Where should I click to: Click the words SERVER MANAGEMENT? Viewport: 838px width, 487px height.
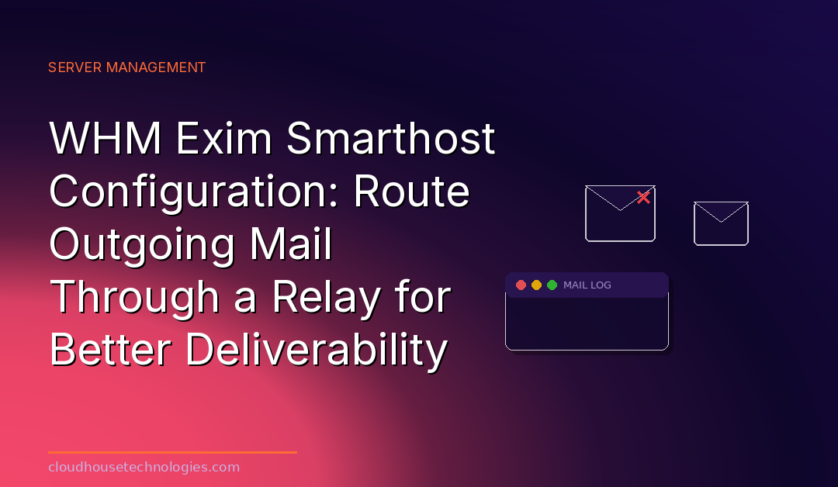(126, 67)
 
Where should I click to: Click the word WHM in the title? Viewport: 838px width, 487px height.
(106, 138)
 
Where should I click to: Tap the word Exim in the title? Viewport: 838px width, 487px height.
(224, 138)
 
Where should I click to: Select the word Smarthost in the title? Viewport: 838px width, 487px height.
(390, 138)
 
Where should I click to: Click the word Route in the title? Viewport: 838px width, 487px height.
(411, 192)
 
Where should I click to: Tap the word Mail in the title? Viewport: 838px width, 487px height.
(291, 244)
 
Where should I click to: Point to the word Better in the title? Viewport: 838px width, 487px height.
(111, 350)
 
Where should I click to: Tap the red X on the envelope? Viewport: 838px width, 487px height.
(643, 197)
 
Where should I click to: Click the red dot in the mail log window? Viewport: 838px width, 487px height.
(521, 285)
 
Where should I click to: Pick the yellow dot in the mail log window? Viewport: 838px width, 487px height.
(537, 285)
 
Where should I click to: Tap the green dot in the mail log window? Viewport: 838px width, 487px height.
(552, 285)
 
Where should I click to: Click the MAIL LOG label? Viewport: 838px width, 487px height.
(587, 285)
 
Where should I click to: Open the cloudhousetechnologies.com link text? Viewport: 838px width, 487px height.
(144, 468)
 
